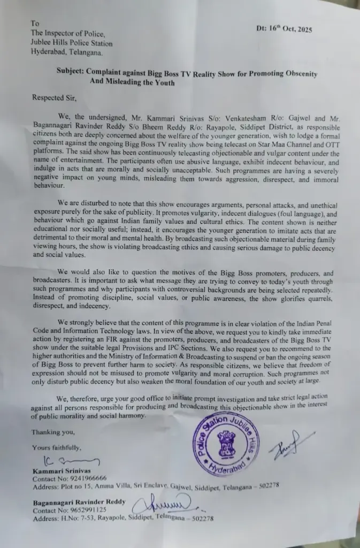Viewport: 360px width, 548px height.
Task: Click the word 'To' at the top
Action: [35, 24]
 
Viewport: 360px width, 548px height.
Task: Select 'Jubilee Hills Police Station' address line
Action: [72, 43]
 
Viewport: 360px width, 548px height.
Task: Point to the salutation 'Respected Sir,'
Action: [55, 97]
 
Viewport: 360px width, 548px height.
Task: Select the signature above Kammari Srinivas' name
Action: [70, 460]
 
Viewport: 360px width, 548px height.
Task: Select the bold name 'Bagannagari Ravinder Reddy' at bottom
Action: [78, 501]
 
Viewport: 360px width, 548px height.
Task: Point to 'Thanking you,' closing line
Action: [53, 431]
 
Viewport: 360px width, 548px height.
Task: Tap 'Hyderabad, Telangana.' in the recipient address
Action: [64, 52]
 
